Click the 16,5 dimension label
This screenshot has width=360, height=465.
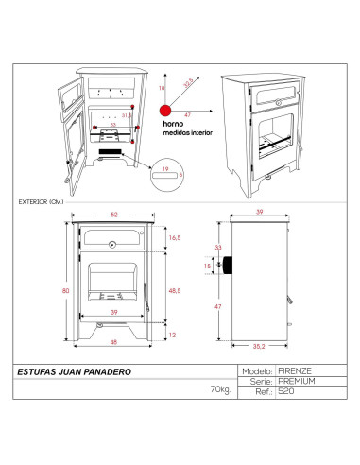pyautogui.click(x=175, y=240)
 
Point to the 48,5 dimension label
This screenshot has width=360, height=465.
pyautogui.click(x=175, y=290)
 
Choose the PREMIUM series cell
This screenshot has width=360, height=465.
pyautogui.click(x=296, y=381)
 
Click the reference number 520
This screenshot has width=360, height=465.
pyautogui.click(x=286, y=390)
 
